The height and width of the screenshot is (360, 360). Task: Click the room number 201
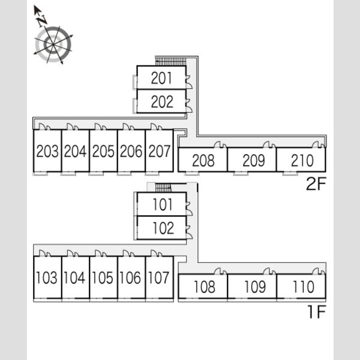(x=161, y=78)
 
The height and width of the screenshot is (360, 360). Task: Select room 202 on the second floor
(x=162, y=102)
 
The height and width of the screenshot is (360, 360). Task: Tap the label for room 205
(x=103, y=151)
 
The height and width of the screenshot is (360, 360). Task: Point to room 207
(x=160, y=151)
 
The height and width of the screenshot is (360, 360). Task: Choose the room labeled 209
(x=254, y=160)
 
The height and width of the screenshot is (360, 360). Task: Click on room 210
(x=302, y=160)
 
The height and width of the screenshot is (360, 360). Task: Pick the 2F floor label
(x=316, y=184)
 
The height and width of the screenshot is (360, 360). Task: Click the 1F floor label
(x=317, y=312)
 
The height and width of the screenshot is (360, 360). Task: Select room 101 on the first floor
(x=163, y=205)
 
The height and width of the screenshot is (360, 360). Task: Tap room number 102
(x=163, y=228)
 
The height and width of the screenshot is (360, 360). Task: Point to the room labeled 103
(x=47, y=277)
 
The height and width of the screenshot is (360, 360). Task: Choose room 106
(x=130, y=277)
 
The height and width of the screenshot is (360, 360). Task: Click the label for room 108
(x=205, y=287)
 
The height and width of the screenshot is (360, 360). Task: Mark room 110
(x=304, y=287)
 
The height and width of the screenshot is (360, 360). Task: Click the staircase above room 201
(x=170, y=62)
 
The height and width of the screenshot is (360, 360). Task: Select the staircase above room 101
(x=163, y=187)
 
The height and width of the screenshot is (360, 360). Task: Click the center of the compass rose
(x=53, y=44)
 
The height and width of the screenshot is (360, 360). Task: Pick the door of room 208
(x=220, y=145)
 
